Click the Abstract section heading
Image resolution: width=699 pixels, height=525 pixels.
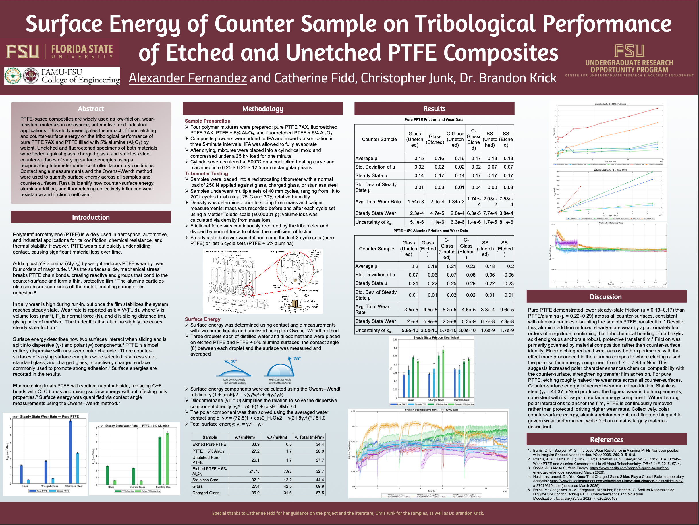tap(91, 109)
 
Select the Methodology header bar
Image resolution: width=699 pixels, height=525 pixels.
tap(262, 109)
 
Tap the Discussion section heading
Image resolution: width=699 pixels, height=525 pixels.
tap(605, 297)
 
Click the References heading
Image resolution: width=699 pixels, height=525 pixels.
tap(607, 439)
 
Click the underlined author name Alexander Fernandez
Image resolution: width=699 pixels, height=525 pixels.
tap(188, 78)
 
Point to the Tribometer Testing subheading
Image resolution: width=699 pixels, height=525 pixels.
tap(206, 173)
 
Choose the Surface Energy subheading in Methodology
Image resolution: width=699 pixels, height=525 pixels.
tap(202, 319)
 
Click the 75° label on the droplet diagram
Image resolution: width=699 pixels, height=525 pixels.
tap(297, 358)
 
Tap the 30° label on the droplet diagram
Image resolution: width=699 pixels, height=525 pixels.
tap(233, 361)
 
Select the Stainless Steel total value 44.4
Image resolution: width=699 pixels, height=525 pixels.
tap(320, 480)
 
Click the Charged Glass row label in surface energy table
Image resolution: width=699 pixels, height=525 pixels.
tap(206, 493)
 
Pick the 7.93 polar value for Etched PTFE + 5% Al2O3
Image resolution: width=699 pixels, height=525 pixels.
tap(287, 471)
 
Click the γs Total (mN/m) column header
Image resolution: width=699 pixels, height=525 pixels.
tap(309, 437)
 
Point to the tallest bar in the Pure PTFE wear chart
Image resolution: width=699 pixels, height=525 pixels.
tap(70, 452)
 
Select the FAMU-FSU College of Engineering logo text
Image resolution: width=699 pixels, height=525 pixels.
tap(80, 76)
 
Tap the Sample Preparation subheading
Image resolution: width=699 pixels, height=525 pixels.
tap(208, 121)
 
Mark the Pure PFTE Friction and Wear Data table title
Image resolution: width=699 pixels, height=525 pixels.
tap(434, 120)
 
